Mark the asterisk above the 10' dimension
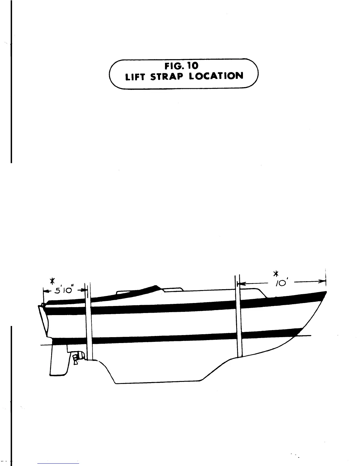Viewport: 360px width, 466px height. [x=276, y=274]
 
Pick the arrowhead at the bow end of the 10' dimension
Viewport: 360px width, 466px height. [x=323, y=282]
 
